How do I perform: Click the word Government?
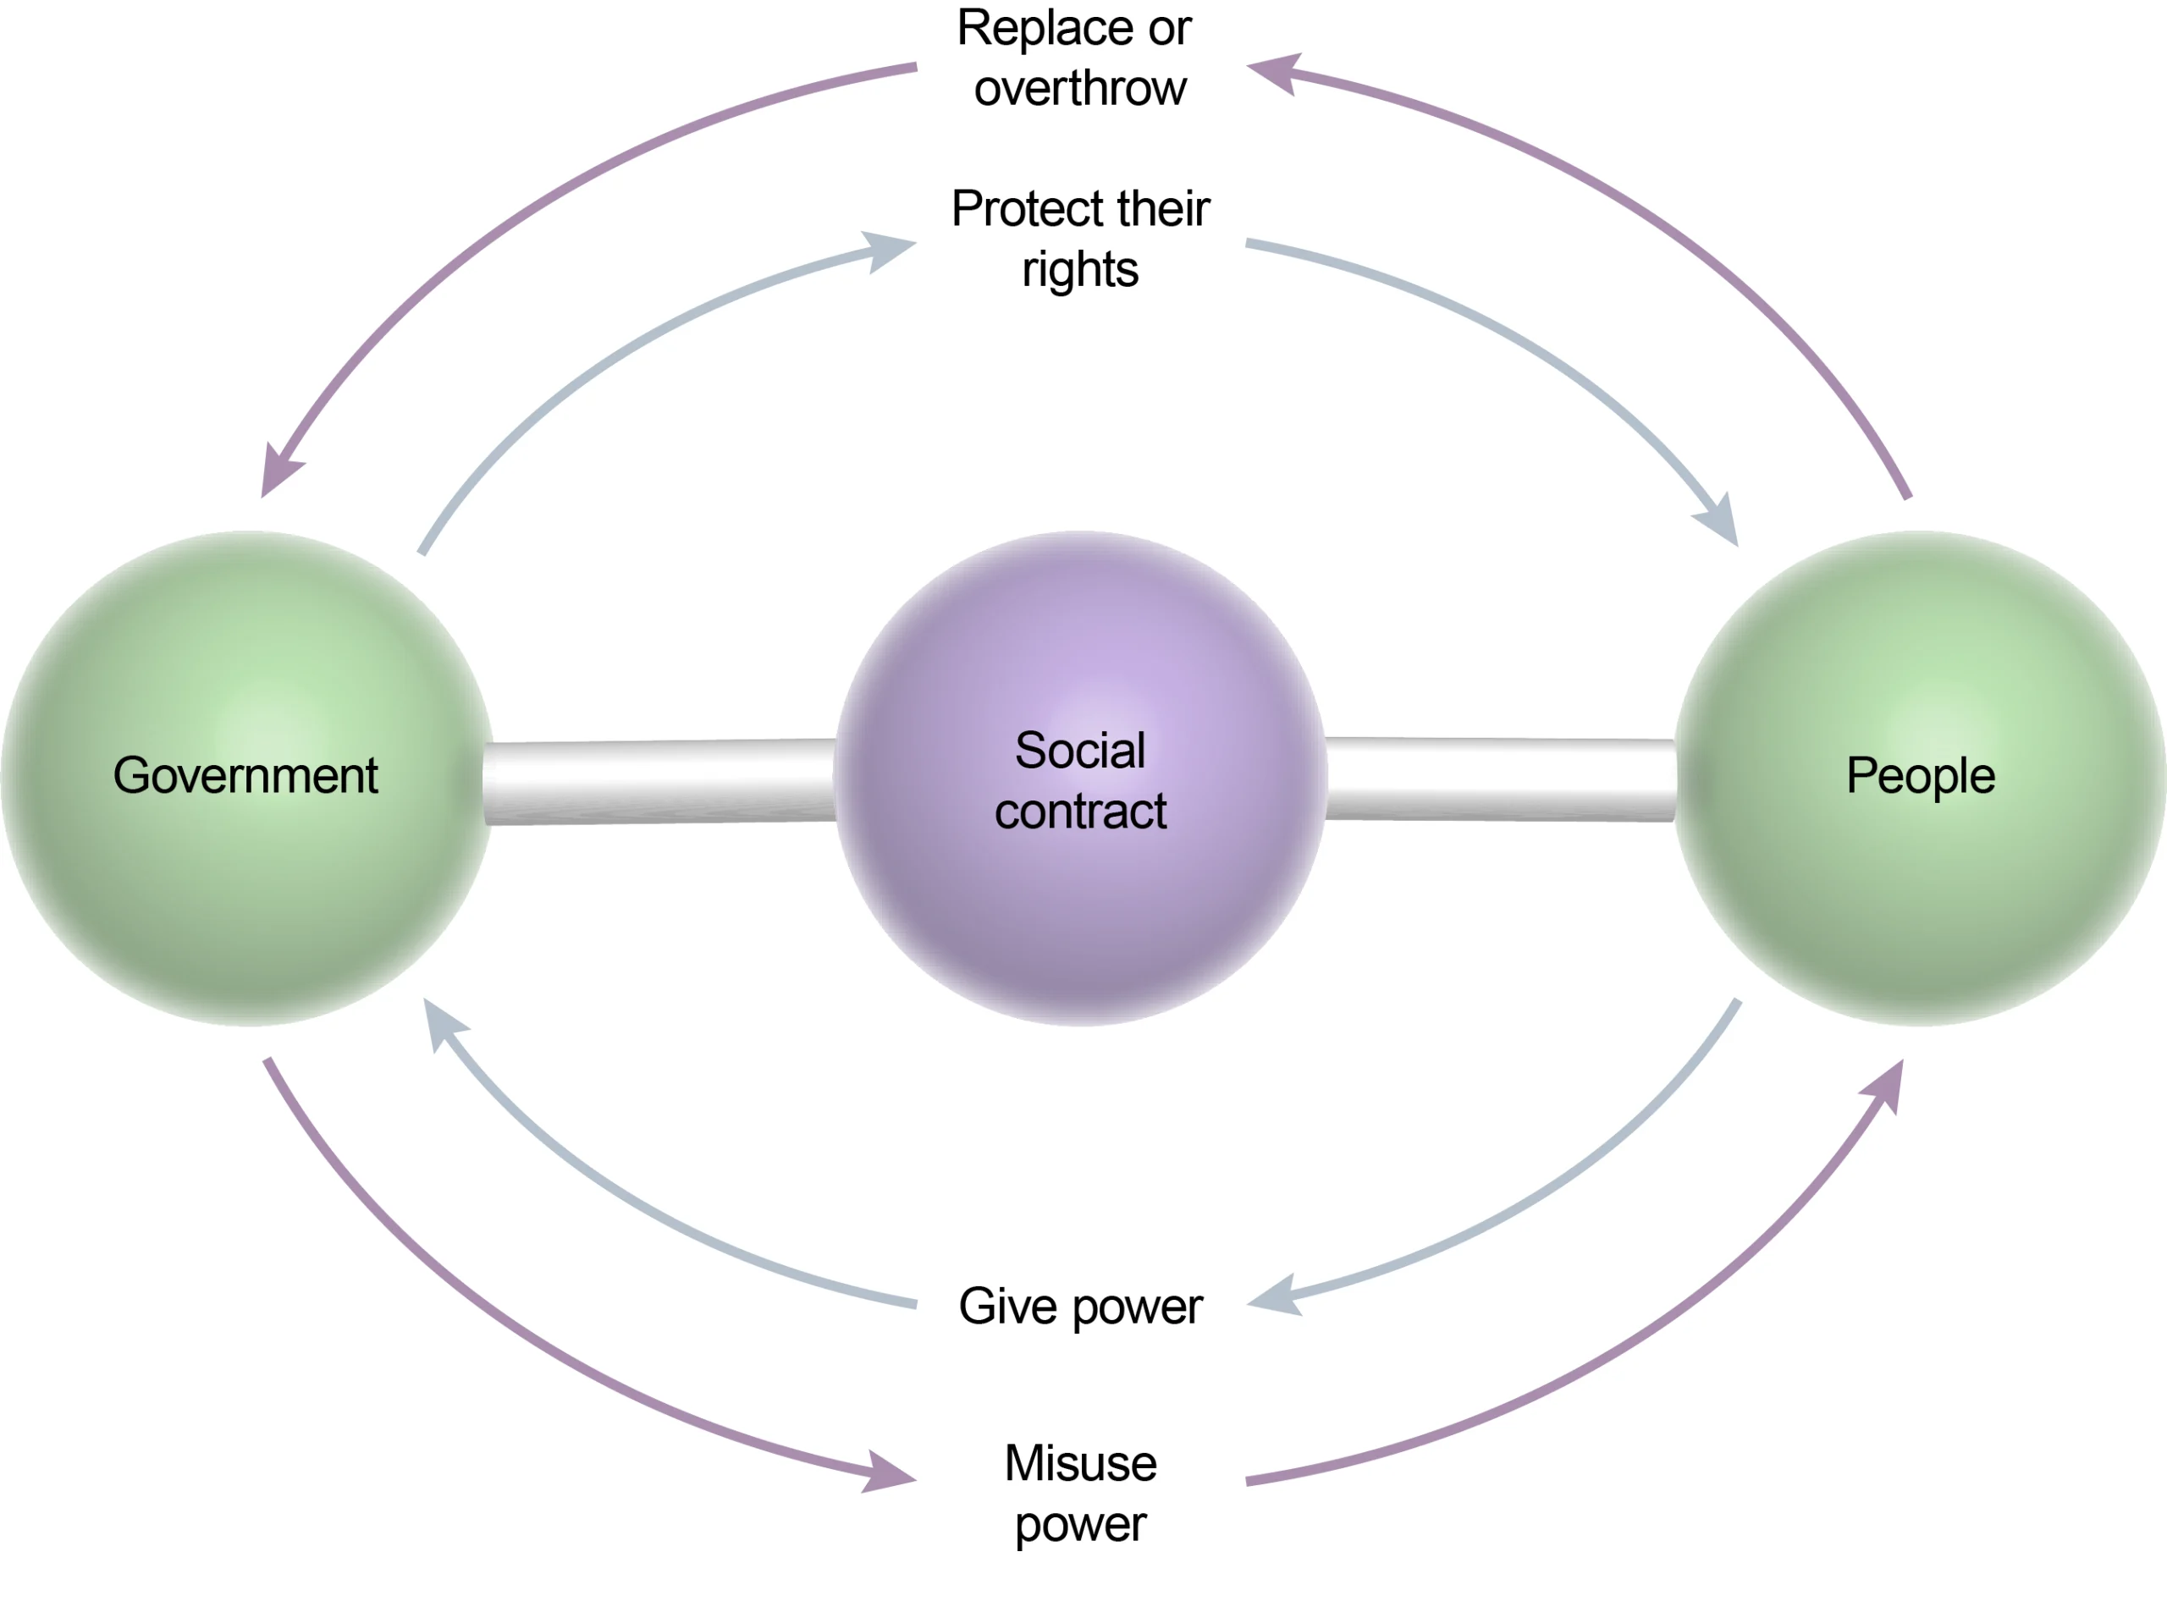click(x=245, y=776)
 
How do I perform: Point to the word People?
click(x=1920, y=776)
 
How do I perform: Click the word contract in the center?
click(x=1081, y=812)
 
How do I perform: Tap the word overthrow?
click(x=1081, y=88)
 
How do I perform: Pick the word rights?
click(x=1081, y=269)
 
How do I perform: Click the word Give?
click(x=1008, y=1306)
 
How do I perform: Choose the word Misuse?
click(x=1081, y=1463)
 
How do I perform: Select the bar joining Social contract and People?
click(x=1501, y=779)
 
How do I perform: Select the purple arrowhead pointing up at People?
click(x=1886, y=1085)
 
